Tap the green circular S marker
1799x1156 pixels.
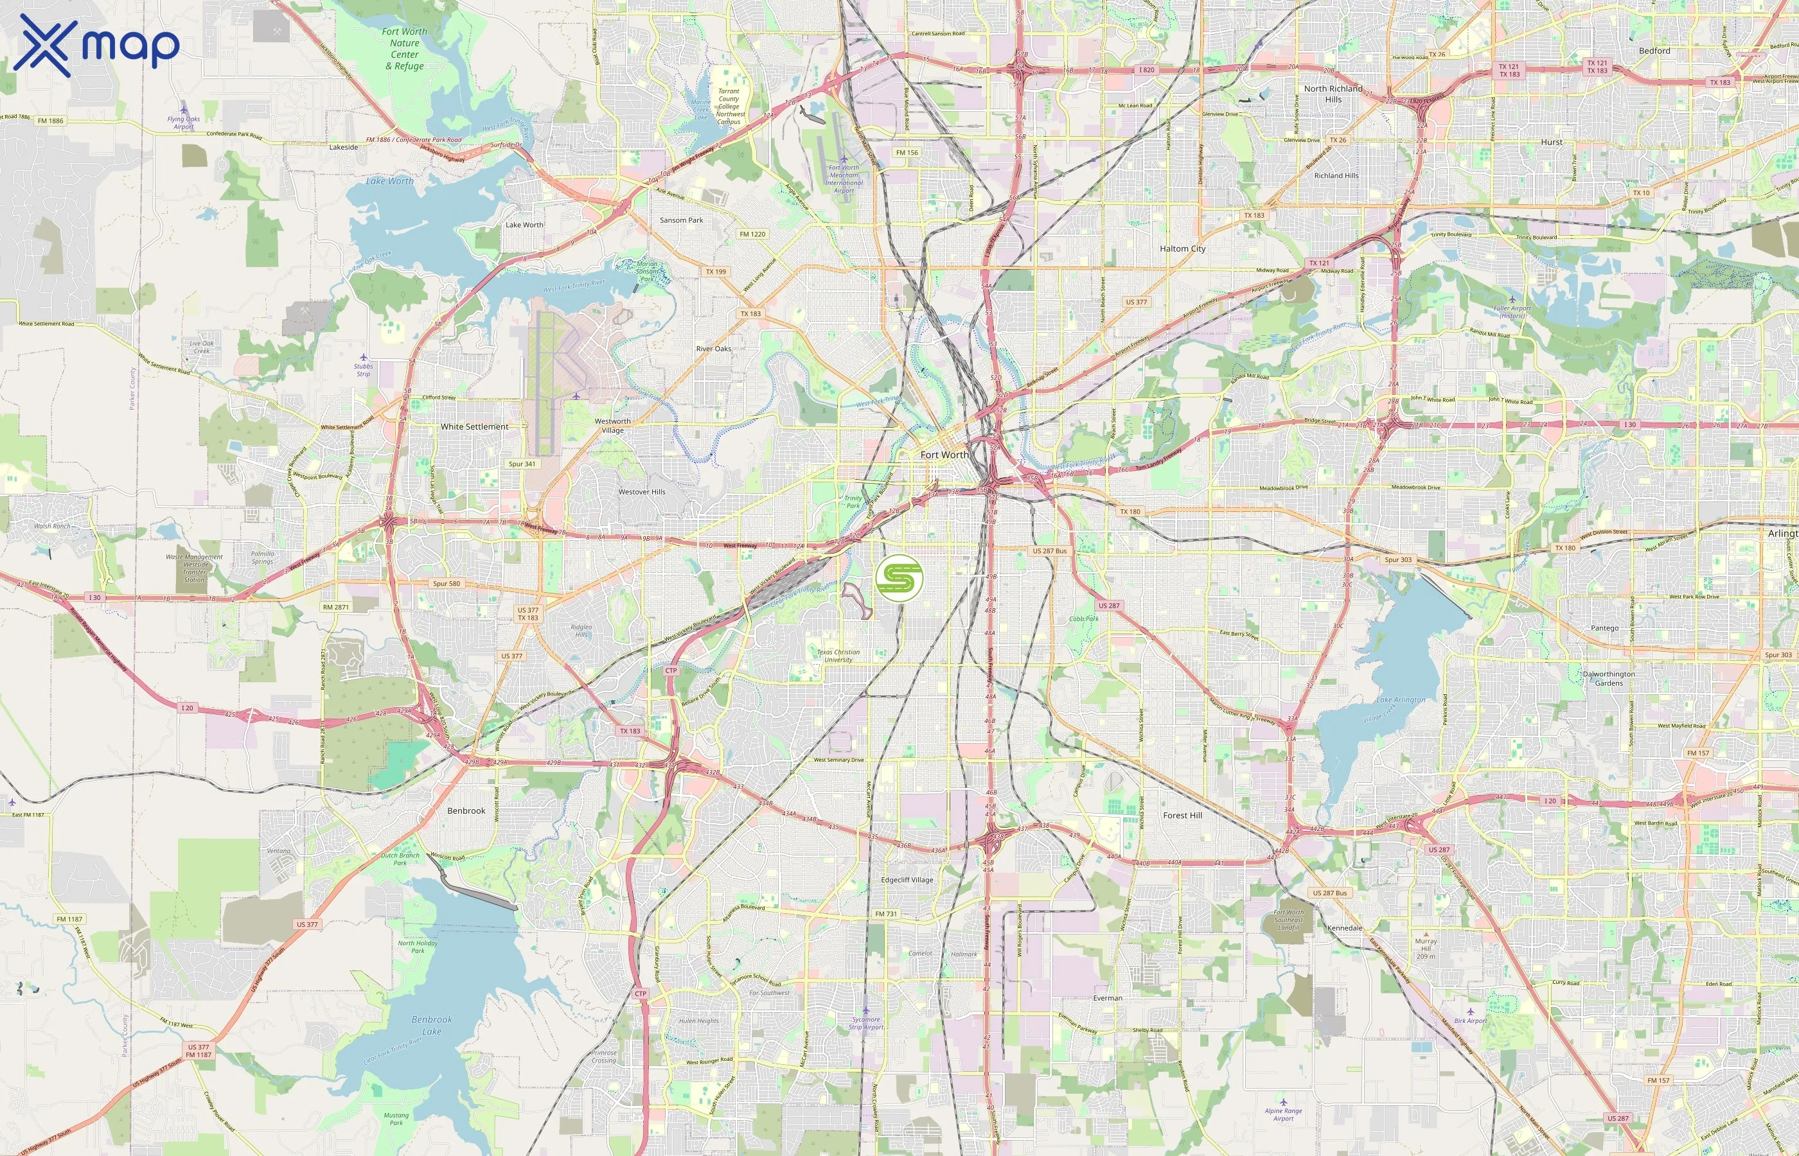[899, 578]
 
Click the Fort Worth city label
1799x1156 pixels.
[944, 455]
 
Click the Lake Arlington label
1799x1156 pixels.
[1400, 699]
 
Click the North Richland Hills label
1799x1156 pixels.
[1333, 94]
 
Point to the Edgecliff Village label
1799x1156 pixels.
[907, 880]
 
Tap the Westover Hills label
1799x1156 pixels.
[641, 492]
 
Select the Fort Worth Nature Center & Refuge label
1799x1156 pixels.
[404, 49]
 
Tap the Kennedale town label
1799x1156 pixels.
[1344, 929]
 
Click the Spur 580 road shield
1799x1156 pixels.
[446, 583]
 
